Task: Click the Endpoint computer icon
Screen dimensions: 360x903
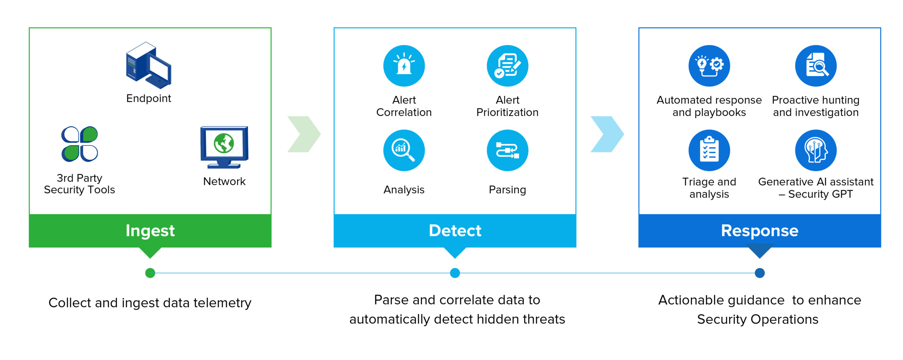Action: tap(149, 65)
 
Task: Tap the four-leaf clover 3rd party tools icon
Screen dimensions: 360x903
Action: tap(80, 144)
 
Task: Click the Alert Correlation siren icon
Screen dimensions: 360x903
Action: tap(404, 66)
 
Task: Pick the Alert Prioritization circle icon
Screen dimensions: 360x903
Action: tap(507, 66)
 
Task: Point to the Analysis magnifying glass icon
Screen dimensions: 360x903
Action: tap(404, 150)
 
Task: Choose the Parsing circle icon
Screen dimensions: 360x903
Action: tap(507, 150)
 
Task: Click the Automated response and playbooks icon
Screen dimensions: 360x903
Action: tap(709, 66)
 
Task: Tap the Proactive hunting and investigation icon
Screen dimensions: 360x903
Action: tap(816, 66)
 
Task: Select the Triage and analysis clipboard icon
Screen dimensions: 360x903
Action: tap(709, 150)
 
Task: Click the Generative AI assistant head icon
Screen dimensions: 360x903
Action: tap(816, 150)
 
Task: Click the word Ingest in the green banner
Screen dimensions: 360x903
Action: tap(150, 231)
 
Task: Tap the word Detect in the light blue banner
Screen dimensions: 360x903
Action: tap(455, 231)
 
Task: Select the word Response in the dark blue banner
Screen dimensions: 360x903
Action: tap(759, 231)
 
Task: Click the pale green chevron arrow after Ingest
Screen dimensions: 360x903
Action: tap(304, 134)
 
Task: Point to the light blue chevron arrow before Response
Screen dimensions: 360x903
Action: tap(607, 134)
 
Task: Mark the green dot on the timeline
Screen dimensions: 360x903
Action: tap(150, 273)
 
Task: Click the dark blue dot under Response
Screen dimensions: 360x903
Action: tap(759, 273)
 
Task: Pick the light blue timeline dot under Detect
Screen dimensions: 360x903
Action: tap(455, 273)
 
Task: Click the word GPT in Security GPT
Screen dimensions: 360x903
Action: tap(841, 194)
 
